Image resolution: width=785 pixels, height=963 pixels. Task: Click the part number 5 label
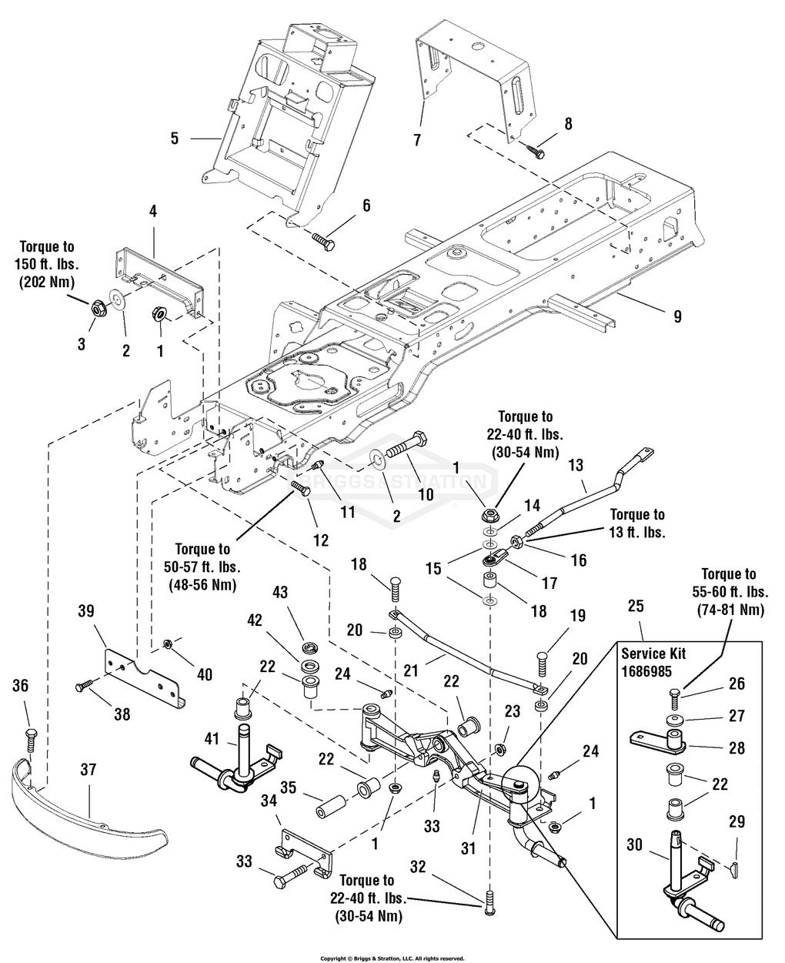[175, 139]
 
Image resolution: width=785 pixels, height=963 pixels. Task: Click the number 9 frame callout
[677, 316]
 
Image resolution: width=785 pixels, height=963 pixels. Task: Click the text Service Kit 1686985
[654, 662]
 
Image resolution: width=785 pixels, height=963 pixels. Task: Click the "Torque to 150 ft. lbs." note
[48, 265]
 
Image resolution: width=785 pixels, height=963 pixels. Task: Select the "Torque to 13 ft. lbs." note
[637, 523]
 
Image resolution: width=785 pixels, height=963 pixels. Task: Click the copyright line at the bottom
[392, 958]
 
